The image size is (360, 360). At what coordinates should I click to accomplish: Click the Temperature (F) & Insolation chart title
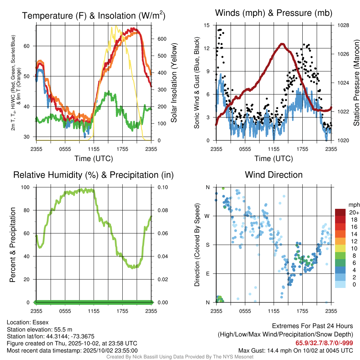coord(94,16)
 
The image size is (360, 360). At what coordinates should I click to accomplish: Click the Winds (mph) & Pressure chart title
coord(274,13)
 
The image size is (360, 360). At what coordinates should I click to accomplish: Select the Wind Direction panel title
coord(274,175)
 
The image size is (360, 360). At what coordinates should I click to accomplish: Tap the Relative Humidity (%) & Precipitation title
coord(94,175)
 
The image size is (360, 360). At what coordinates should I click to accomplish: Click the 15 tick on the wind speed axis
coord(207,25)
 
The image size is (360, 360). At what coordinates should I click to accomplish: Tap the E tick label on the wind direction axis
coord(208,274)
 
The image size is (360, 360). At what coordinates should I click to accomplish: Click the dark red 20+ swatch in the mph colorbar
coord(340,212)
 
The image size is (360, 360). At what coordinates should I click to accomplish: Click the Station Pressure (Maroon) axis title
coord(356,83)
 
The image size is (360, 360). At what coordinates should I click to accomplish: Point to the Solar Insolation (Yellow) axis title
coord(174,83)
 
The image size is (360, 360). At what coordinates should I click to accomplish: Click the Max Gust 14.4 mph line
coord(295,351)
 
